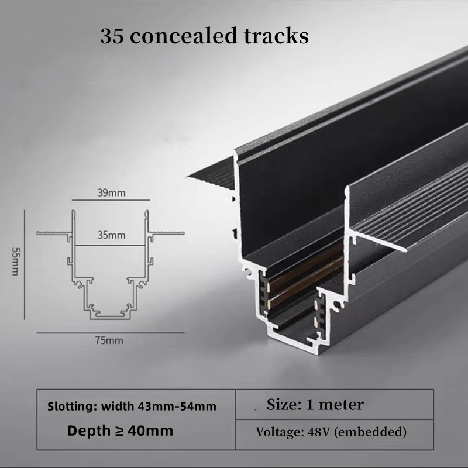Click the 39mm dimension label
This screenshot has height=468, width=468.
tap(111, 193)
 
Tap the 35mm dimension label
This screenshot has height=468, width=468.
tap(111, 235)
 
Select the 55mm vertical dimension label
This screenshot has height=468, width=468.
tap(15, 261)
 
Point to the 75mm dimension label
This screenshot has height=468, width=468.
tap(109, 340)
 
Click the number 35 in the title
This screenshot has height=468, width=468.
tap(112, 36)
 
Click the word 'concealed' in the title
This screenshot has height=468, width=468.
tap(184, 36)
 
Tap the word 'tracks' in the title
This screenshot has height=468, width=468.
tap(276, 36)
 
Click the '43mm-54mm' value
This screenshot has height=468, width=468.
tap(177, 407)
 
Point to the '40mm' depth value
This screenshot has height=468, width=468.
tap(150, 431)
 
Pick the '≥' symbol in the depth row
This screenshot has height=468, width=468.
tap(119, 431)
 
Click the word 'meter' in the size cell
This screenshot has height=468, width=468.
tap(341, 405)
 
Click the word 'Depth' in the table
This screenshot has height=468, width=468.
tap(89, 431)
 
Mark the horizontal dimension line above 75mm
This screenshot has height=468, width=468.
tap(111, 333)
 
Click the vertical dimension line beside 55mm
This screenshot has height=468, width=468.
tap(25, 265)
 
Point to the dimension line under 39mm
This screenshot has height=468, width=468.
tap(111, 200)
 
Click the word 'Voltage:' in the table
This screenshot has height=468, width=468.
tap(280, 432)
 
